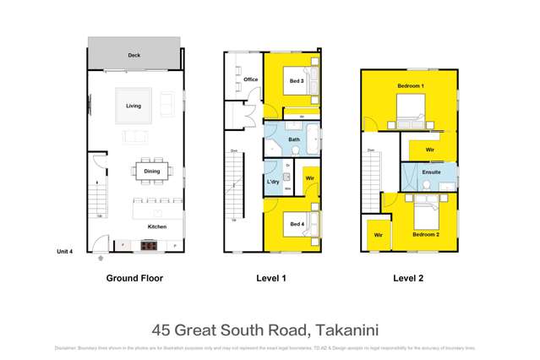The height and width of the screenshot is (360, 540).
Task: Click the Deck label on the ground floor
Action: coord(134,55)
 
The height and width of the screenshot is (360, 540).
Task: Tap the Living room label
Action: coord(134,106)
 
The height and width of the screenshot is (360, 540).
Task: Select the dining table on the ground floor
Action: coord(151,172)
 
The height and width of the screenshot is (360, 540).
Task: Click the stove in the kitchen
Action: coord(149,245)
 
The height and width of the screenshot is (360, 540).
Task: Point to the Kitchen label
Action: coord(157,226)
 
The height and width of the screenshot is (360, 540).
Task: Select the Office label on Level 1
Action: coord(250,79)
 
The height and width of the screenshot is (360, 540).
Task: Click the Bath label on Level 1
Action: coord(293,139)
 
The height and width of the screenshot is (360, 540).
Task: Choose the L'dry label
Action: coord(273,182)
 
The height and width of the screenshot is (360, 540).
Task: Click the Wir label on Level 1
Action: coord(310,178)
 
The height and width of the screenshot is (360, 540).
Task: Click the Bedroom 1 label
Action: coord(411,87)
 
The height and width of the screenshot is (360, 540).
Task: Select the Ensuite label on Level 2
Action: coord(431,172)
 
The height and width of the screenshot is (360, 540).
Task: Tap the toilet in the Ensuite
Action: coord(428,184)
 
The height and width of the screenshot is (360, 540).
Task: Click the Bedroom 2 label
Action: coord(426,233)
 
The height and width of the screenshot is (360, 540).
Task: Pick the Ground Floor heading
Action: coord(134,278)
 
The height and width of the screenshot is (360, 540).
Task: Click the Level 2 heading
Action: coord(409,278)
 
